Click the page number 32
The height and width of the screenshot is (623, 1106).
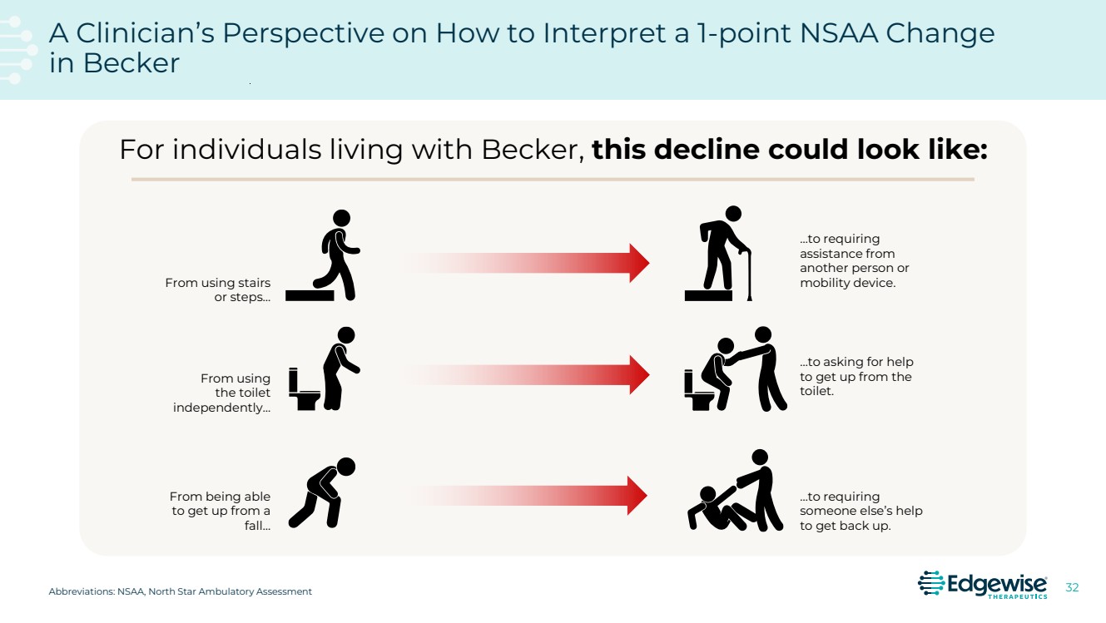tap(1072, 588)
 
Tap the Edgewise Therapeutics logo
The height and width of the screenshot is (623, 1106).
tap(982, 584)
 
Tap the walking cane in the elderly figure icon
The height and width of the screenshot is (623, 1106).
tap(747, 274)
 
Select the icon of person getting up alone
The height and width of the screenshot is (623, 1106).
tap(321, 492)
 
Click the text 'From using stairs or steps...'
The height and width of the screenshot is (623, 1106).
tap(217, 290)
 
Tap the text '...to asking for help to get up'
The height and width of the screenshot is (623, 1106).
tap(856, 376)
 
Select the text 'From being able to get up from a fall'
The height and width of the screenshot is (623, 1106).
tap(221, 511)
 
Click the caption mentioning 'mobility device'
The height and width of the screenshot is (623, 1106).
tap(855, 260)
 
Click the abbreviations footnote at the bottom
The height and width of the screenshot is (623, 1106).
tap(181, 591)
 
